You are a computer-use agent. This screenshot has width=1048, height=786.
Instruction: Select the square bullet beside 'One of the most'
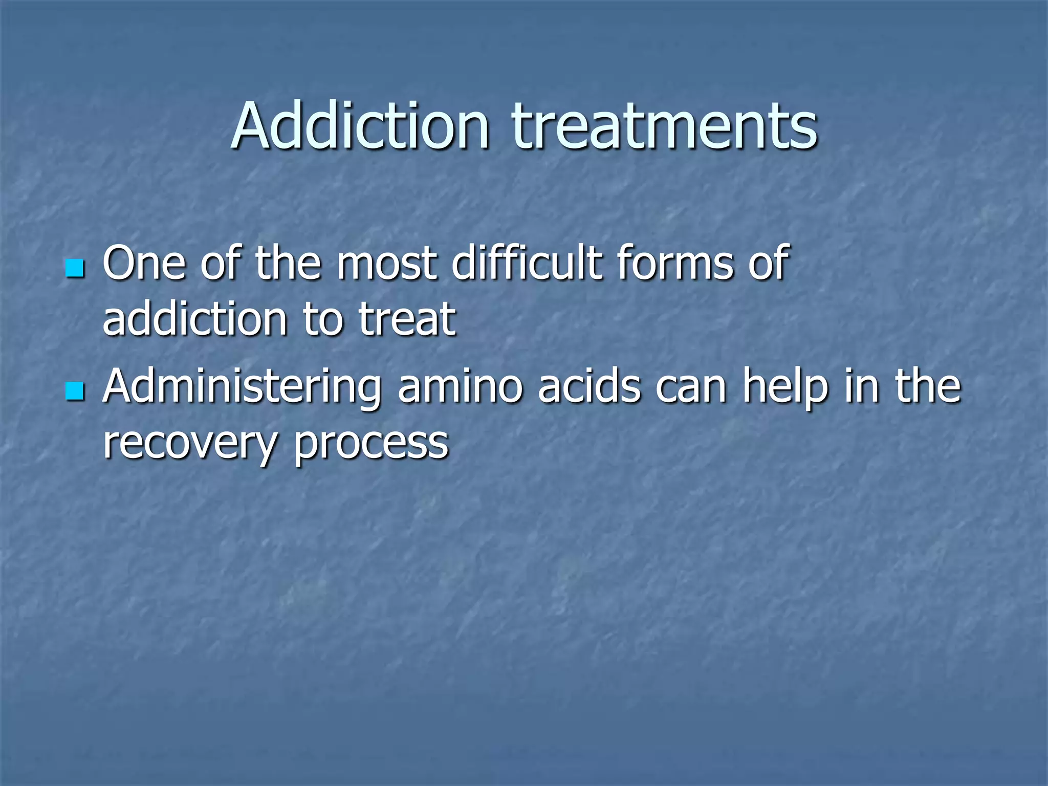75,268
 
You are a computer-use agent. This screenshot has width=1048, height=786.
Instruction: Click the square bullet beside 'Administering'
75,391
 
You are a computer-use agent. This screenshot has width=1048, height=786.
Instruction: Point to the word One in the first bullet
144,264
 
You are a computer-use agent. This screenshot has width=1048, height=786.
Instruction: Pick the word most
386,264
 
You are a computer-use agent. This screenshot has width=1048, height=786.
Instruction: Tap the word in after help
862,387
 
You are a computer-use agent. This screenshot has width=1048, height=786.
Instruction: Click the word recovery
190,443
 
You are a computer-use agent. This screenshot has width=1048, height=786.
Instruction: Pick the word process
371,443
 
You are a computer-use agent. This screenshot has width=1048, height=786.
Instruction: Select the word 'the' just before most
288,264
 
